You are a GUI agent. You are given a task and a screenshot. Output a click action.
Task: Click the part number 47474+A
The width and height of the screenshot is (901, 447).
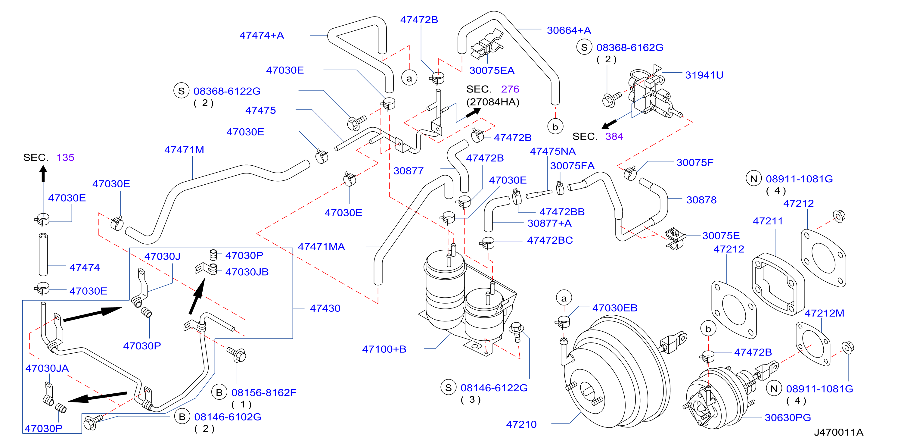(x=262, y=35)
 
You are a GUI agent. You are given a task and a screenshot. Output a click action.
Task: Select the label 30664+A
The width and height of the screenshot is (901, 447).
(x=569, y=30)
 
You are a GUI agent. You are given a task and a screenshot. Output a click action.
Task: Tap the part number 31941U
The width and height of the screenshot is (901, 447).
(x=704, y=75)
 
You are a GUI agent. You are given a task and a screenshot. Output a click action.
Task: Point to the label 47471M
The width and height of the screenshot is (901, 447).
(x=184, y=150)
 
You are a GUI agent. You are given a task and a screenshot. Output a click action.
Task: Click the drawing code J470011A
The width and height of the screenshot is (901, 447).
(x=839, y=432)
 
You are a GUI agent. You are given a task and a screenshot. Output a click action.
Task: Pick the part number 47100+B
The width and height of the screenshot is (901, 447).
(x=384, y=349)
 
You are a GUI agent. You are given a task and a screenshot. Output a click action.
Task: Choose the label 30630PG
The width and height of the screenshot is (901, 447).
(x=788, y=417)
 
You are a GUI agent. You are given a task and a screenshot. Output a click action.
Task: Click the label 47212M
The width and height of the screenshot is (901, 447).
(x=825, y=313)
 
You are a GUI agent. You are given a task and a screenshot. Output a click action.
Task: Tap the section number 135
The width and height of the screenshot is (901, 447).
(x=65, y=158)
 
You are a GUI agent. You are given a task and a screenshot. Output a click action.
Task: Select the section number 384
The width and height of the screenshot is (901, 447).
(x=614, y=136)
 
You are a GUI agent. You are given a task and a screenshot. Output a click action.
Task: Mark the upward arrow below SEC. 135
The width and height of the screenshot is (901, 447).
(x=43, y=173)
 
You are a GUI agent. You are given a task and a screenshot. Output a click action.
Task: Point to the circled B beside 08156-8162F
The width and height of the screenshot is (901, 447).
(x=219, y=392)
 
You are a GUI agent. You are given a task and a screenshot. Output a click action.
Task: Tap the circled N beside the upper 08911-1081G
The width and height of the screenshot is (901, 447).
(x=754, y=179)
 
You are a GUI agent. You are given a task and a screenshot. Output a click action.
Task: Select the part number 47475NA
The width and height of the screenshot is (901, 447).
(x=553, y=151)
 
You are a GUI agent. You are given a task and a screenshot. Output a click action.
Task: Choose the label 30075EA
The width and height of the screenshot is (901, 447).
(x=492, y=70)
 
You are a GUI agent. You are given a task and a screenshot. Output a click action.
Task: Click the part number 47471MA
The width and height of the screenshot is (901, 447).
(x=321, y=247)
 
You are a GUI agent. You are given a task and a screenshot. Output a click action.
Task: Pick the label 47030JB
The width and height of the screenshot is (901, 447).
(x=247, y=272)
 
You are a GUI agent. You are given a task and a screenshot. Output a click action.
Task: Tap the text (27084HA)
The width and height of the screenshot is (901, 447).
(x=493, y=102)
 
